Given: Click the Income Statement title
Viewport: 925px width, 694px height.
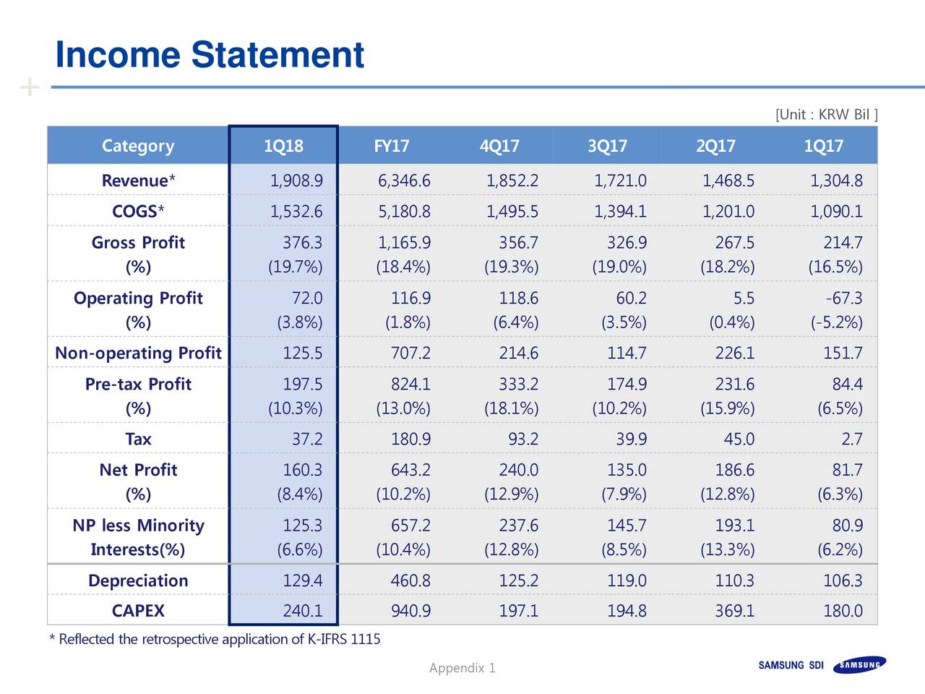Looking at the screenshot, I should [210, 55].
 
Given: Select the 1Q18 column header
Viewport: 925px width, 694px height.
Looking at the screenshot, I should [283, 146].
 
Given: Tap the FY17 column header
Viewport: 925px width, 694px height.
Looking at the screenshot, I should [391, 146].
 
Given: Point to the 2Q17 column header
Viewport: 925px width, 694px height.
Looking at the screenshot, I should [715, 146].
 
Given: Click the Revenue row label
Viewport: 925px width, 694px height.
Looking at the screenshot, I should [138, 181].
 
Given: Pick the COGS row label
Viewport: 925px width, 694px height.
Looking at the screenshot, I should [138, 212].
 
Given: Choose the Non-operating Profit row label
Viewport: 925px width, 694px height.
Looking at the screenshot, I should [138, 353].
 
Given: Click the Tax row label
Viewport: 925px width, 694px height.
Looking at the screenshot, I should [138, 439].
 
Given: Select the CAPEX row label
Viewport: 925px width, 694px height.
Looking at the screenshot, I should [138, 611].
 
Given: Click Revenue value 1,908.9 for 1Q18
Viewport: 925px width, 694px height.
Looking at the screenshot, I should [296, 181].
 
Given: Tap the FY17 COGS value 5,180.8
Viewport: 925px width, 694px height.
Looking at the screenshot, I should [404, 212].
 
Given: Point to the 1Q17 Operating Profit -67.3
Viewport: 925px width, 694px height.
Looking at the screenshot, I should [843, 299].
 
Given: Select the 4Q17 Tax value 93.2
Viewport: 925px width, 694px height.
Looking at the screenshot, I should [518, 439].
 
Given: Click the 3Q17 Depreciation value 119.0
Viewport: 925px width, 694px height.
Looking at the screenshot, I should [627, 581].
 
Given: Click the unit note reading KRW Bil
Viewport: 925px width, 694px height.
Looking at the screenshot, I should [827, 115].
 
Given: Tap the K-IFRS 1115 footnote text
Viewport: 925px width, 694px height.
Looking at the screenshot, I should [214, 639].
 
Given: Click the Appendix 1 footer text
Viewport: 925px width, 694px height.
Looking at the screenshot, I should [462, 668].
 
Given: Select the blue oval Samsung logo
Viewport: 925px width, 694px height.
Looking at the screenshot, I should [859, 665].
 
